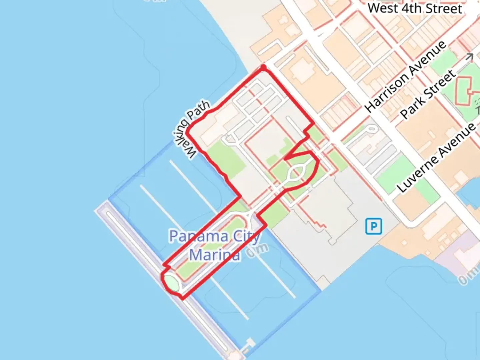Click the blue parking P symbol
click(373, 227)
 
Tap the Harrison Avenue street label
click(405, 76)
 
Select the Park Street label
click(428, 94)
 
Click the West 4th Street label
click(415, 8)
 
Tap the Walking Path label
click(191, 129)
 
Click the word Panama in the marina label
click(199, 236)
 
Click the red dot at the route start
click(263, 68)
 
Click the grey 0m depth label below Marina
click(257, 251)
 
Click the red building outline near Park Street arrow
click(463, 89)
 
